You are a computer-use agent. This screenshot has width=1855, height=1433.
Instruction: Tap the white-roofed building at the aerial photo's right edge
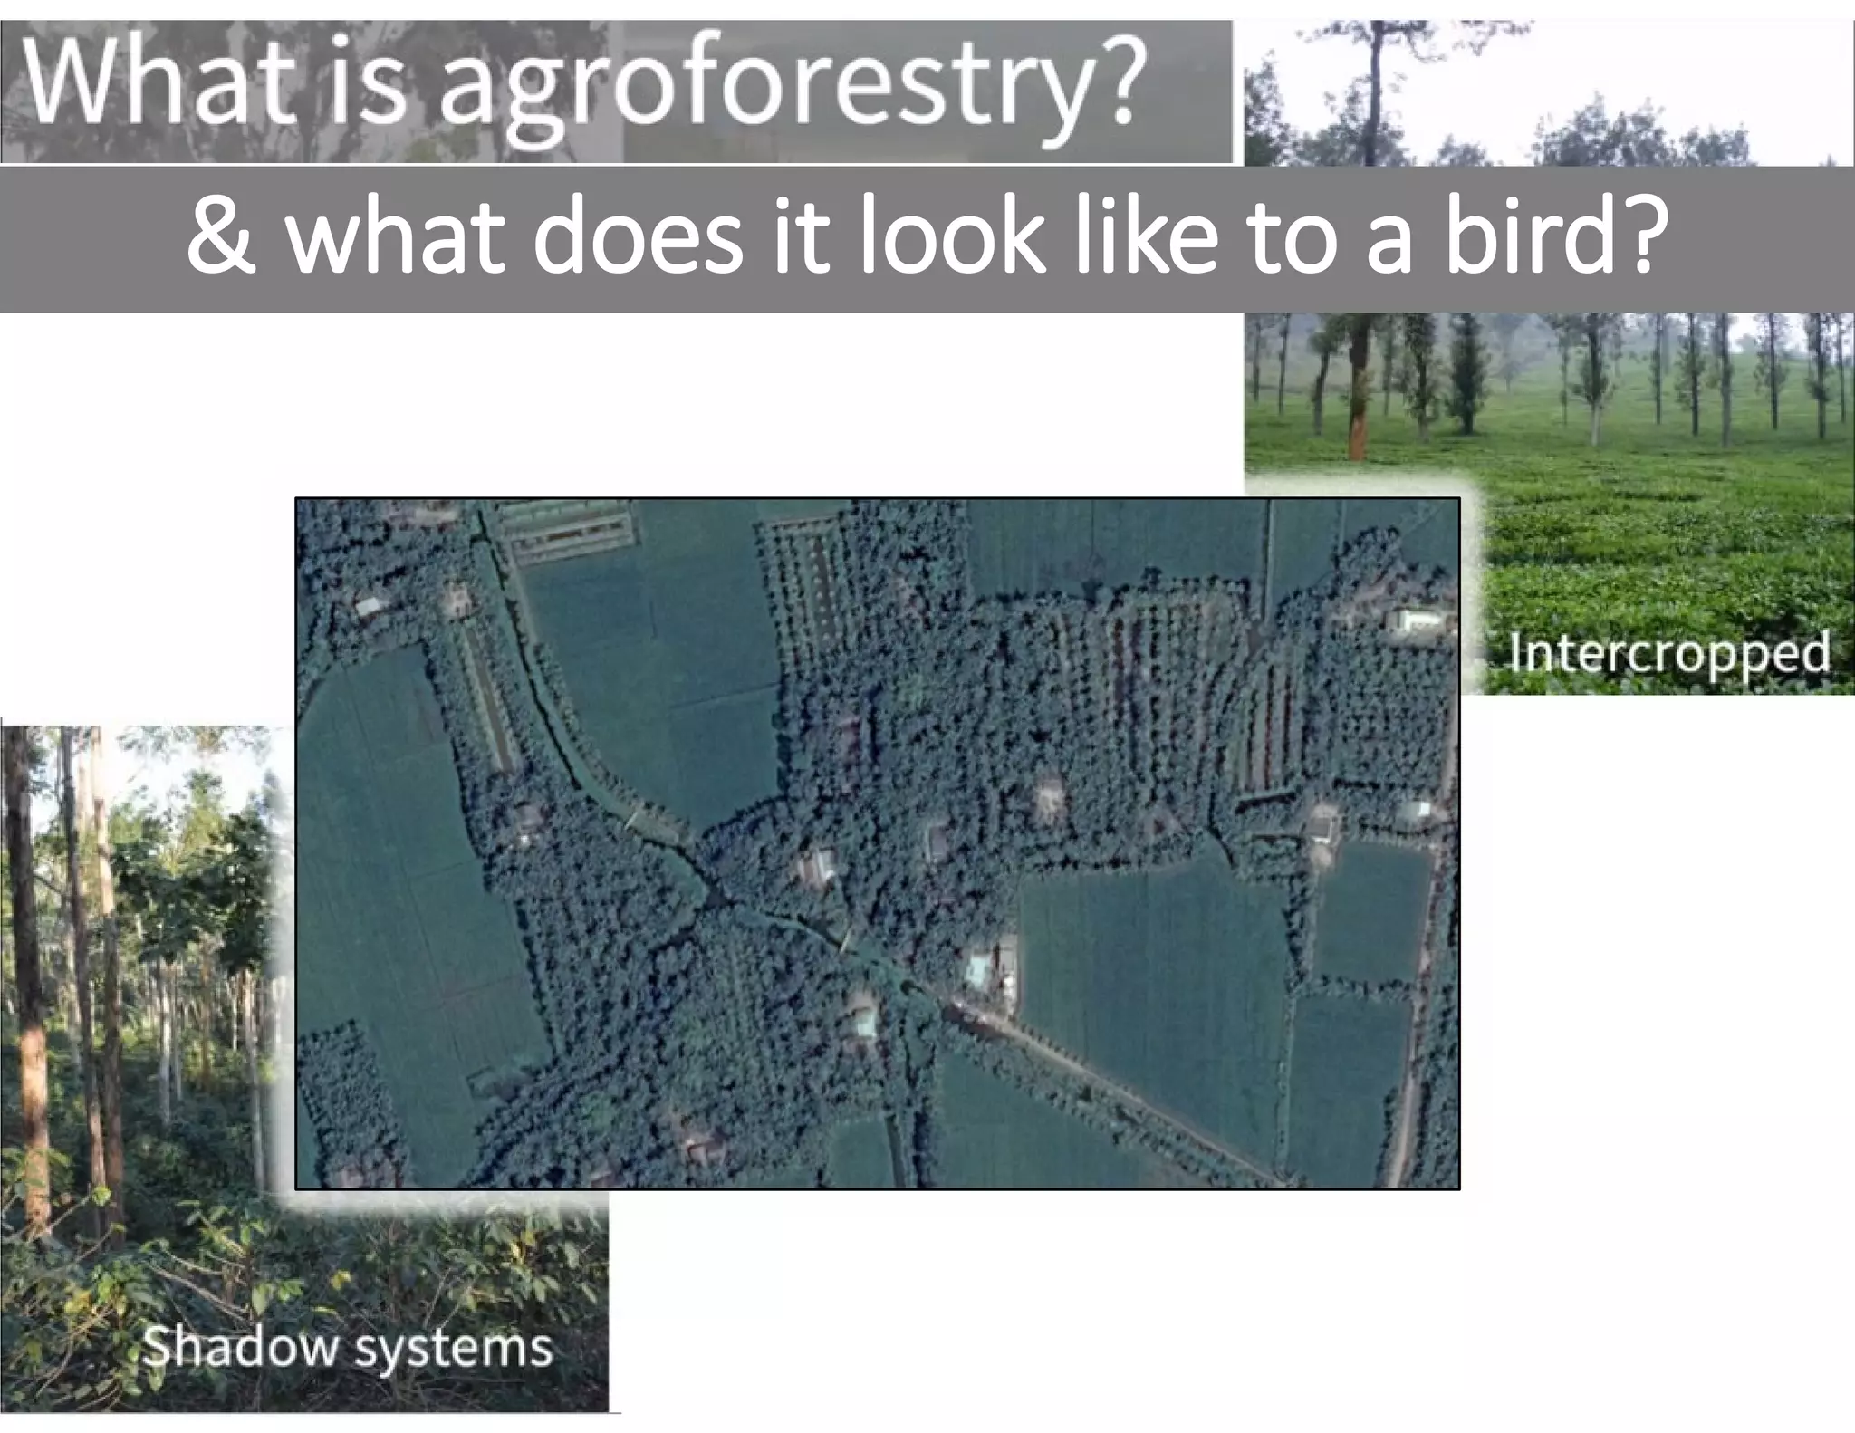click(1418, 620)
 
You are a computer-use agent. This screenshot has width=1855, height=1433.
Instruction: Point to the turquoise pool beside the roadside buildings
click(976, 970)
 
